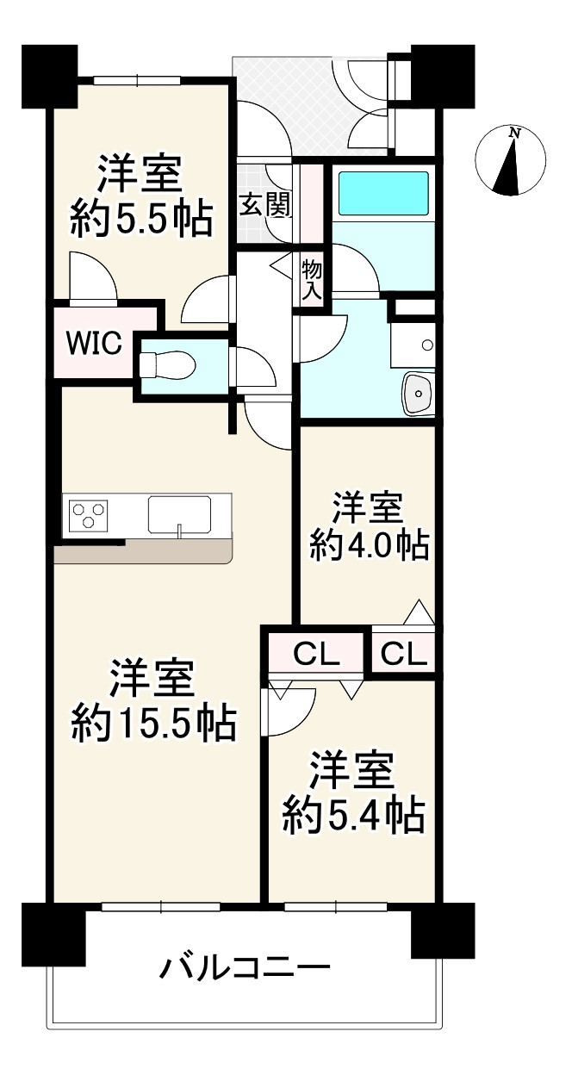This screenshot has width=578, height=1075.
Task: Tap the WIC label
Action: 96,342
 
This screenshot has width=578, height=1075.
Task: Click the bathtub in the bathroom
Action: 382,193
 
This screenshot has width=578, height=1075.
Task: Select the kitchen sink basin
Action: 179,516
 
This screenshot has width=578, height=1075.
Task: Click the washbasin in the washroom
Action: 417,395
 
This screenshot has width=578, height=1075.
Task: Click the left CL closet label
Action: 317,654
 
